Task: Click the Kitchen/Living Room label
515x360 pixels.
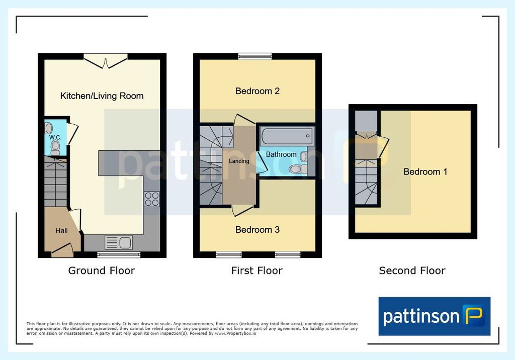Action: click(x=102, y=96)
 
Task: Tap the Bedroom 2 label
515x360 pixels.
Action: click(x=257, y=91)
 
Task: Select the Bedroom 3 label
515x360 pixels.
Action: click(x=257, y=230)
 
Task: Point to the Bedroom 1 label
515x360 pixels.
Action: click(x=425, y=171)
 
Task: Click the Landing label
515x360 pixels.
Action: click(x=239, y=161)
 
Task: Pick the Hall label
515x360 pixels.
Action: click(x=61, y=231)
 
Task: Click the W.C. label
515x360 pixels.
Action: click(x=55, y=137)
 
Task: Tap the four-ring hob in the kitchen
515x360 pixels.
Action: click(x=152, y=199)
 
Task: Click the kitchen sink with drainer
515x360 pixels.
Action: click(x=119, y=243)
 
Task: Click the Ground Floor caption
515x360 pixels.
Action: click(x=102, y=271)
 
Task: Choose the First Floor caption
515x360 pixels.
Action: click(x=257, y=271)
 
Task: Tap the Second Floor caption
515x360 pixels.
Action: click(x=412, y=271)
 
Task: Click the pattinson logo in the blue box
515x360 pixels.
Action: click(x=434, y=316)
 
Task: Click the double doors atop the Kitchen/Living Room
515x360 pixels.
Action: click(x=106, y=61)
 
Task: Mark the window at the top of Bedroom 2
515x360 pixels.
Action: click(x=255, y=56)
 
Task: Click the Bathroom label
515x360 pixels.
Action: click(x=281, y=154)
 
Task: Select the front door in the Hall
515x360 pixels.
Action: click(x=62, y=250)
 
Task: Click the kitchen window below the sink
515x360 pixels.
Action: click(x=119, y=254)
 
